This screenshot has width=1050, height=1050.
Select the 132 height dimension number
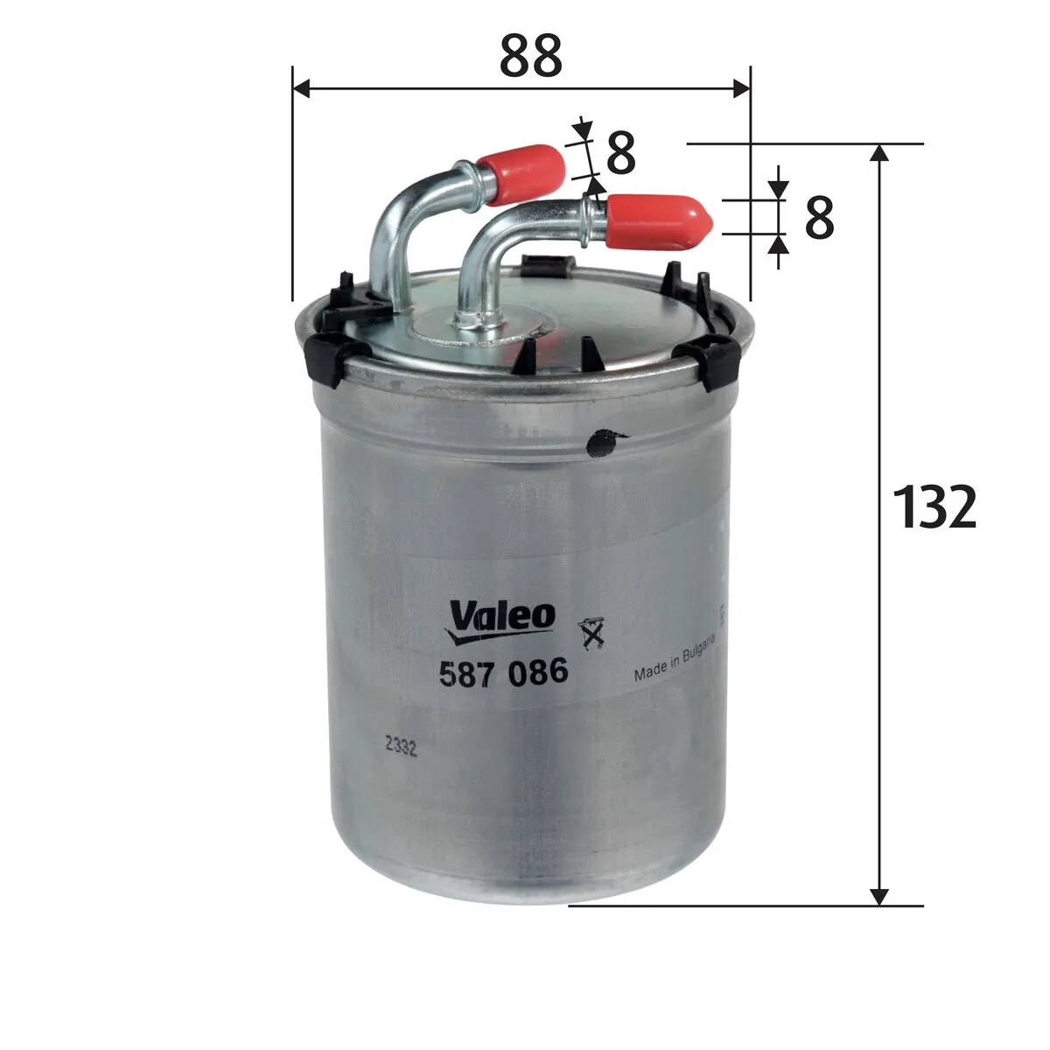tap(934, 507)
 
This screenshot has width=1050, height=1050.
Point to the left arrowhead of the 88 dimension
tap(300, 87)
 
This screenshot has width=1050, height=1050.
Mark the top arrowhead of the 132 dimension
tap(880, 153)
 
